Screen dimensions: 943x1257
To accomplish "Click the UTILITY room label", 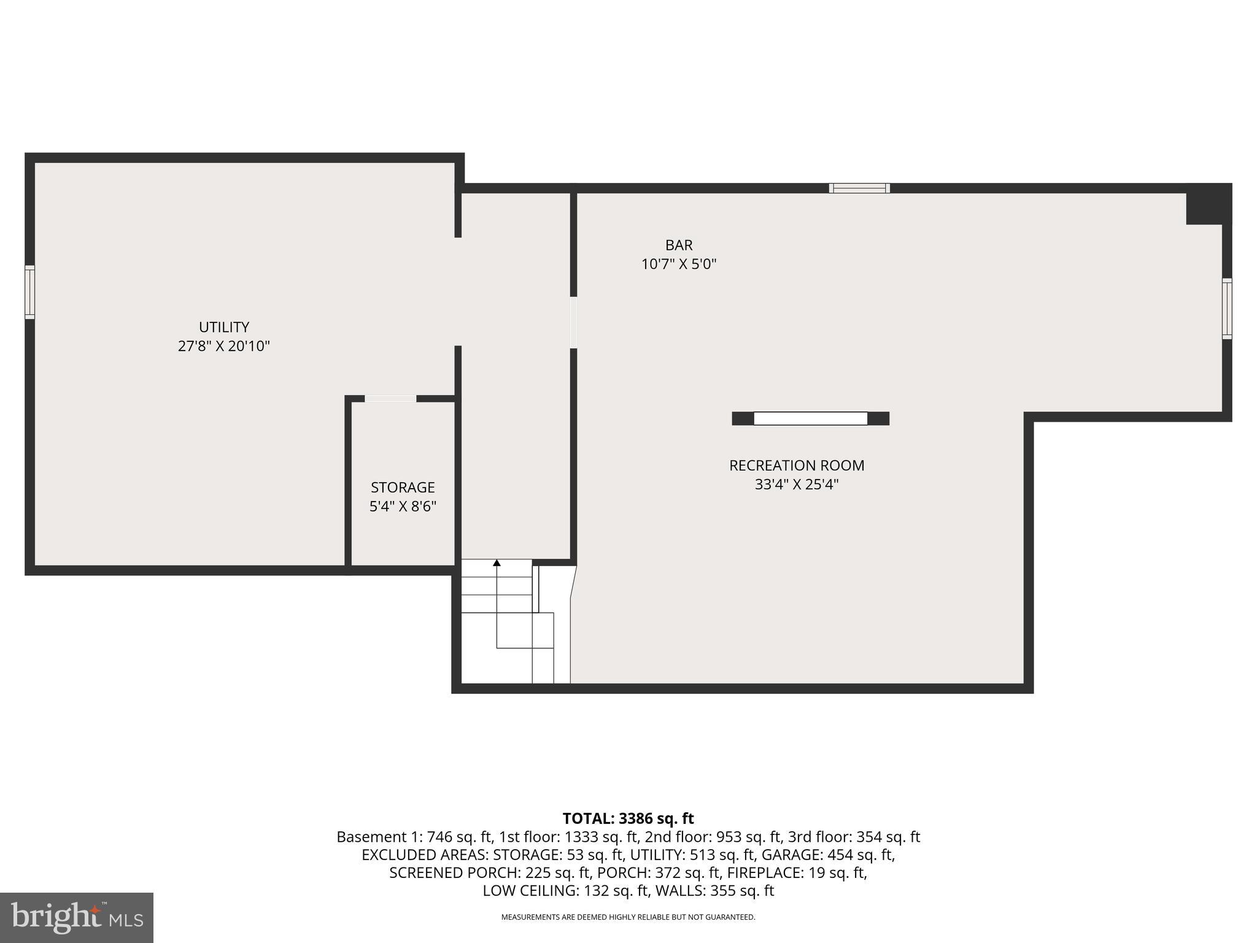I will tap(224, 327).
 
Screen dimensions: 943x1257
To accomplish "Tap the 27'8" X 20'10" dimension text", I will tap(224, 346).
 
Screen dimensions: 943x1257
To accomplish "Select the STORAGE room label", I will tap(403, 487).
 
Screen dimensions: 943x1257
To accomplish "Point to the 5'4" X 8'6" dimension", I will tap(403, 506).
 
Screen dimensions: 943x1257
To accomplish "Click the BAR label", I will tap(679, 245).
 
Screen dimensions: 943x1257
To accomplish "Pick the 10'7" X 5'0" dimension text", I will tap(679, 264).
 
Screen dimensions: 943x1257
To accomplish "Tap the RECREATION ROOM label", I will tap(797, 465).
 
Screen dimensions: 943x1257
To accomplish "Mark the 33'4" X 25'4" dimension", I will tap(797, 484).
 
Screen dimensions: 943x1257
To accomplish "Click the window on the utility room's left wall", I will tap(29, 292).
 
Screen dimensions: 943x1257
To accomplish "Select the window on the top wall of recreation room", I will tap(859, 188).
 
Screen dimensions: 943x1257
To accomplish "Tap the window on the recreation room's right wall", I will tap(1226, 309).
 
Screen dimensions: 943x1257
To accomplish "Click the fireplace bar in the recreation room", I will tap(810, 419).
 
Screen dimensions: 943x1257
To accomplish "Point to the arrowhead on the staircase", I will tap(497, 562).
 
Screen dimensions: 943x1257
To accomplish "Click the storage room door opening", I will tap(390, 399).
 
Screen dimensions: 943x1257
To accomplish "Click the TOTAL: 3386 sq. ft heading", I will tap(628, 818).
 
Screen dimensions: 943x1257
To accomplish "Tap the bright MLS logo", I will tap(77, 918).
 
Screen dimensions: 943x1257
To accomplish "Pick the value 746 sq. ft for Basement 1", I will tap(460, 837).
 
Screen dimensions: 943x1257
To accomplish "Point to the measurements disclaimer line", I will tap(628, 917).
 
